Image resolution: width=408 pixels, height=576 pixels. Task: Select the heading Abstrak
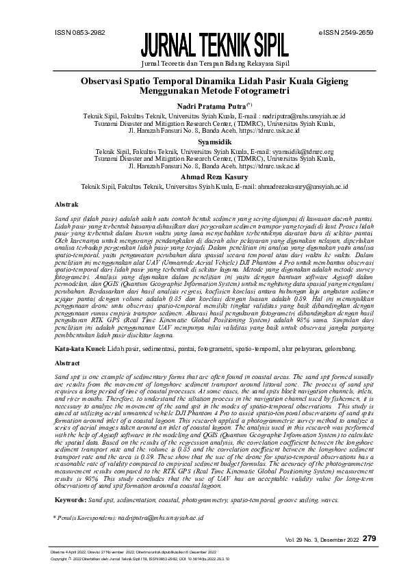point(66,204)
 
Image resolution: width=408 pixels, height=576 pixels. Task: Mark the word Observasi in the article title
point(111,80)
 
